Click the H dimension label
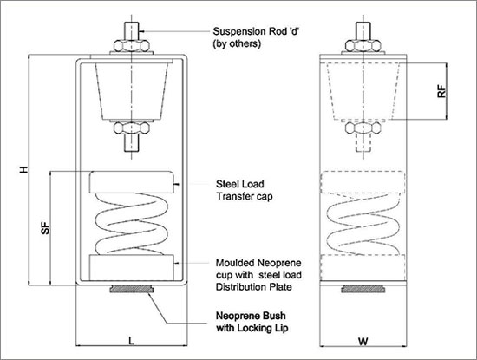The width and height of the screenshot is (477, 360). tap(23, 169)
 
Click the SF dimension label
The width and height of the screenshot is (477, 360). tap(45, 228)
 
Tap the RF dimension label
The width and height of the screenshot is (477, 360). tap(441, 91)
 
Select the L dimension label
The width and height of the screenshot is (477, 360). tap(132, 341)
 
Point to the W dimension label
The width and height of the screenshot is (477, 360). tap(363, 341)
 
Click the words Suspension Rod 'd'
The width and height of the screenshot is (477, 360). tap(256, 31)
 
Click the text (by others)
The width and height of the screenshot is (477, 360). tap(237, 43)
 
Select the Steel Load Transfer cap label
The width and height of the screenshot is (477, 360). tap(245, 190)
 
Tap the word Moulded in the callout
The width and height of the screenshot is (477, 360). tap(235, 263)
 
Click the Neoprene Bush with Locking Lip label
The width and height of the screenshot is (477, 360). tap(252, 322)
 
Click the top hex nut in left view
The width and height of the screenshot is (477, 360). tap(132, 46)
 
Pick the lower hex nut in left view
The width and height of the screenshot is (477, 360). tap(132, 128)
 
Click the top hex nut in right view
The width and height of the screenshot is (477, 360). tap(363, 46)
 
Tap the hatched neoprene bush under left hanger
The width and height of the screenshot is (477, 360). tap(132, 289)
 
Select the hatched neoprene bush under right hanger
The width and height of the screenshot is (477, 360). tap(363, 289)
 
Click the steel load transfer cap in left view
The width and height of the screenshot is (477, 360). tap(132, 182)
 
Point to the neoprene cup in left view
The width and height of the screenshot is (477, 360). tap(132, 267)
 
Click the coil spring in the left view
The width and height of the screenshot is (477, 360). tap(132, 224)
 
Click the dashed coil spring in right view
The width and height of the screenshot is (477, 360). tap(363, 225)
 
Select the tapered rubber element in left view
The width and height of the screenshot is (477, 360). tap(132, 91)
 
